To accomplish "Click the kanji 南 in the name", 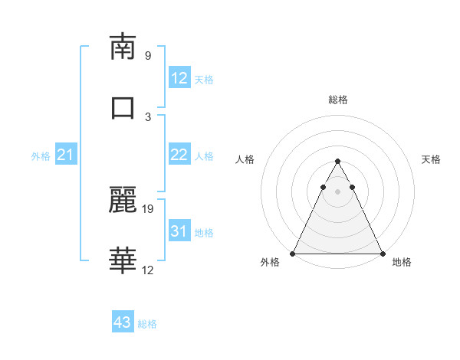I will pyautogui.click(x=123, y=47).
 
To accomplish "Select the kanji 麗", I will pyautogui.click(x=123, y=199).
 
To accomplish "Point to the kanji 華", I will pyautogui.click(x=123, y=260).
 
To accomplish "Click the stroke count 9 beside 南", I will pyautogui.click(x=148, y=56).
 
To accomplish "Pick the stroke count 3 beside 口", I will pyautogui.click(x=148, y=116).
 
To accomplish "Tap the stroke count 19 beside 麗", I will pyautogui.click(x=149, y=208).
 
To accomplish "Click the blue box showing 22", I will pyautogui.click(x=179, y=155).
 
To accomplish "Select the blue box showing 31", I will pyautogui.click(x=179, y=231).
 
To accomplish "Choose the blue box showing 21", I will pyautogui.click(x=65, y=155).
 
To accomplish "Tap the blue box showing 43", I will pyautogui.click(x=123, y=322).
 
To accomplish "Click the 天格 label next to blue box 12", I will pyautogui.click(x=204, y=79).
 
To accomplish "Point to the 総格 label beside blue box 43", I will pyautogui.click(x=147, y=324).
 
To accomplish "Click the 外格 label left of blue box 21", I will pyautogui.click(x=41, y=156).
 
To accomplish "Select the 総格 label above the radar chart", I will pyautogui.click(x=337, y=100).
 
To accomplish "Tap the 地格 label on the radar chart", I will pyautogui.click(x=402, y=263).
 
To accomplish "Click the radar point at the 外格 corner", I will pyautogui.click(x=293, y=254).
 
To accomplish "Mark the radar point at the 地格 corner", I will pyautogui.click(x=382, y=254).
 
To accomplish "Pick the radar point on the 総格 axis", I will pyautogui.click(x=337, y=161).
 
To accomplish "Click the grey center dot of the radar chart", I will pyautogui.click(x=337, y=191).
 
